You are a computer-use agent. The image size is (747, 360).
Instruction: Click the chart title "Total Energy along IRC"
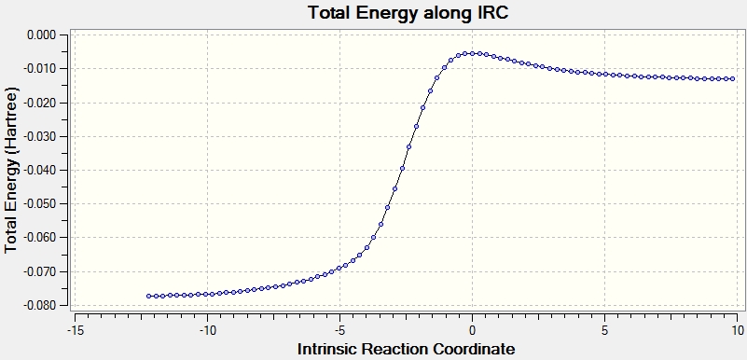click(408, 13)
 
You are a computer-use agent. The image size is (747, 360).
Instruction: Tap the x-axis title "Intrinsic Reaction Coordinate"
click(407, 349)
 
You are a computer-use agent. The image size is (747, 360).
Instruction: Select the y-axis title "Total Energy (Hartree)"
click(12, 170)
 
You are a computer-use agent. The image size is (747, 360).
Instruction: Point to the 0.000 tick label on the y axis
click(42, 35)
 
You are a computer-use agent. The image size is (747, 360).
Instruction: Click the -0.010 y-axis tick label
click(40, 69)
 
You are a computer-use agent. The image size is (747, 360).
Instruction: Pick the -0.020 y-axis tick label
click(40, 103)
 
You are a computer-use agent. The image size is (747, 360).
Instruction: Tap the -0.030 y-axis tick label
click(40, 137)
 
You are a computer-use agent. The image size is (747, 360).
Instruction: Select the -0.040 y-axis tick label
click(40, 171)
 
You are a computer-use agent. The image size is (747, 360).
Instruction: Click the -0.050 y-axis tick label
click(40, 204)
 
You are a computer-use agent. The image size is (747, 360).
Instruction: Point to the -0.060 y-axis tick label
click(40, 238)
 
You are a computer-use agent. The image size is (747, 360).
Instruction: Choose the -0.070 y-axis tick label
click(40, 272)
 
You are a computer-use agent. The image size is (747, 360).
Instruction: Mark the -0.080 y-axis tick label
click(40, 306)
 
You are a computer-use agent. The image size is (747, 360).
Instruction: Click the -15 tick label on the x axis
click(74, 330)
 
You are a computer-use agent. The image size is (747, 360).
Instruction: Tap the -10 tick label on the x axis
click(206, 330)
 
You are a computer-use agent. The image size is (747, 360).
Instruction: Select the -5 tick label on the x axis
click(339, 330)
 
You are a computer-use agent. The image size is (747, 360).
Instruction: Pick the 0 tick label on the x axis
click(472, 330)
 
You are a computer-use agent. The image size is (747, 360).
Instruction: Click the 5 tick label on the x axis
click(604, 330)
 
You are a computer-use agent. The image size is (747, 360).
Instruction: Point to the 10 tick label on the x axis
click(737, 330)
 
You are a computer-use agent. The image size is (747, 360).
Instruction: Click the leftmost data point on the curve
click(148, 297)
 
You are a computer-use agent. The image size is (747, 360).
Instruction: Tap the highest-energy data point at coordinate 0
click(472, 53)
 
